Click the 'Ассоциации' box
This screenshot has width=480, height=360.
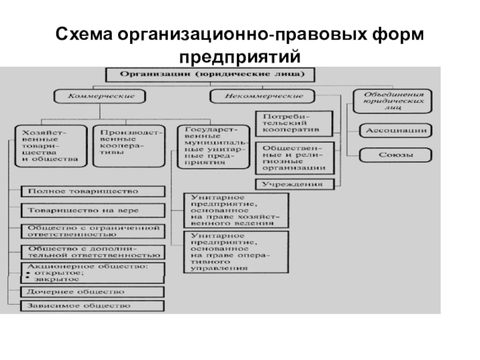pyautogui.click(x=395, y=130)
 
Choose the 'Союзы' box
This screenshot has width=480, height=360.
pyautogui.click(x=395, y=155)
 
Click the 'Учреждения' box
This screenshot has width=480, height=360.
pyautogui.click(x=293, y=184)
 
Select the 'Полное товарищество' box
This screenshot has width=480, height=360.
pyautogui.click(x=92, y=191)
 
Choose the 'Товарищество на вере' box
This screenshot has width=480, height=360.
pyautogui.click(x=92, y=210)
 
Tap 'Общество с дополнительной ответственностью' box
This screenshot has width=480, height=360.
pyautogui.click(x=92, y=251)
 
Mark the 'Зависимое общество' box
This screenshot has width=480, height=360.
pyautogui.click(x=92, y=306)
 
